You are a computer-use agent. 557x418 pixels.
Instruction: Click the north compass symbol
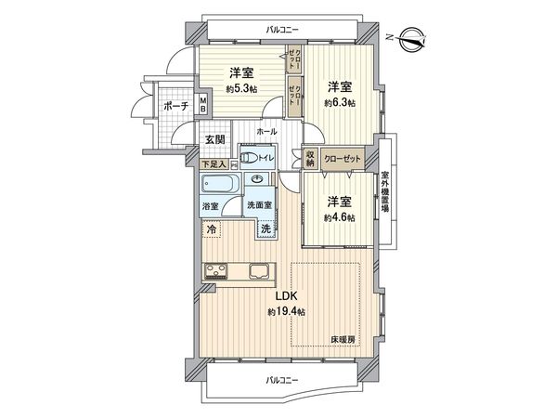[412, 39]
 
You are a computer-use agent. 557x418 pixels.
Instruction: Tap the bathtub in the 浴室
[220, 183]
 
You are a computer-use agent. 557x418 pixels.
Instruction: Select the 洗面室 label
[259, 205]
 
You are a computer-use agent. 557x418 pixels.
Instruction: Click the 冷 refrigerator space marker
[212, 229]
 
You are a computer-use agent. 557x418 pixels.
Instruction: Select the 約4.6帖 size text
[339, 218]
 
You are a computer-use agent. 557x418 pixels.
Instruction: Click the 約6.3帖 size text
[339, 103]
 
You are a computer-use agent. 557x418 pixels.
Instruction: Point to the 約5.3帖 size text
[241, 88]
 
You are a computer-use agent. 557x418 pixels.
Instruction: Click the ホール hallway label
[266, 132]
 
